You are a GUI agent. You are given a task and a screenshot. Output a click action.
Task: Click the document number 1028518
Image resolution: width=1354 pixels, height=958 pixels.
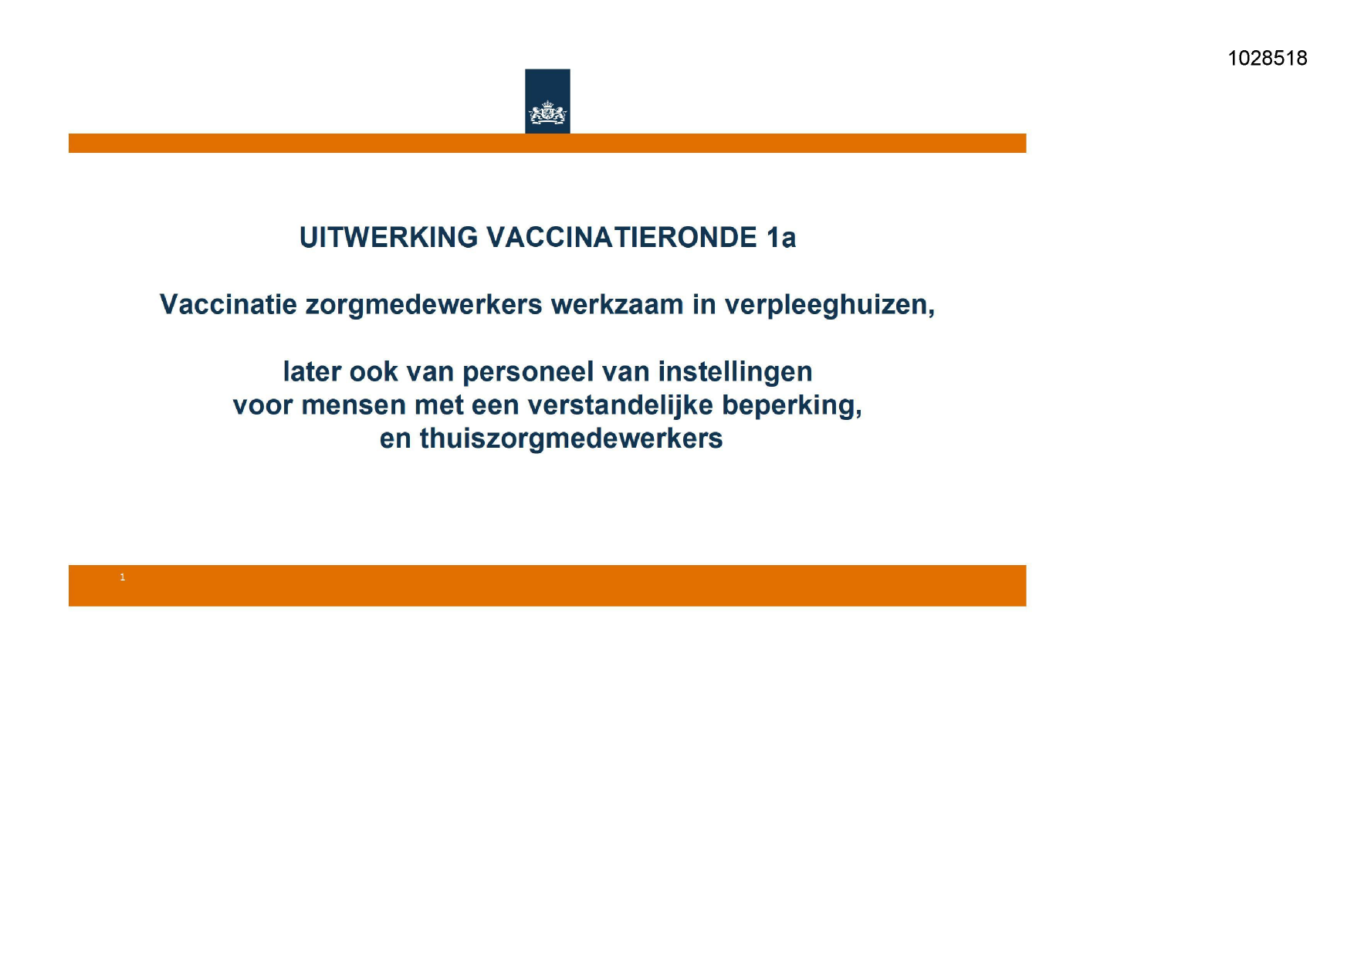(1268, 59)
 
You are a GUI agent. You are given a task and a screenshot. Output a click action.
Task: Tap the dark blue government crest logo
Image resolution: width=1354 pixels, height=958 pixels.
(547, 101)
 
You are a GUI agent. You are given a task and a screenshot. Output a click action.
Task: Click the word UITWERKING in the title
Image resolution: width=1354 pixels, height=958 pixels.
(388, 238)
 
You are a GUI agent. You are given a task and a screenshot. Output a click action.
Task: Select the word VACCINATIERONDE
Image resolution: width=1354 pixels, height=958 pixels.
(622, 238)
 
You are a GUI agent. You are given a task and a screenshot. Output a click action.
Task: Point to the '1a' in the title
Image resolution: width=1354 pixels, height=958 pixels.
(781, 238)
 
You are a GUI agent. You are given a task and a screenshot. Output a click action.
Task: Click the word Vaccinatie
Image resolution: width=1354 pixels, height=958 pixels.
(228, 305)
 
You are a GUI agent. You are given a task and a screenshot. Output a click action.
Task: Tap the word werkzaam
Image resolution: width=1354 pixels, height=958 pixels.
(617, 305)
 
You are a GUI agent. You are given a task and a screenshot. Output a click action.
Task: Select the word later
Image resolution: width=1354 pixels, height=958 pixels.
(312, 372)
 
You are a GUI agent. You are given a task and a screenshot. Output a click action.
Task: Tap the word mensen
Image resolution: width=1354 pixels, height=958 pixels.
(354, 406)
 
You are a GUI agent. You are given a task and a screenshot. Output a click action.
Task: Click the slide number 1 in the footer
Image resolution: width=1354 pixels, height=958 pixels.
(122, 577)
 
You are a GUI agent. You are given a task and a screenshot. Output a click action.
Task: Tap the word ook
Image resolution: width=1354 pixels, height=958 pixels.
(374, 372)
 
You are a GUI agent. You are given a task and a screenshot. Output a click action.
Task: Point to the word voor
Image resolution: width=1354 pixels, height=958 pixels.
(262, 406)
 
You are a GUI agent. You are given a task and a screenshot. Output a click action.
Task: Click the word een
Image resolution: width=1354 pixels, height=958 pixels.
(495, 406)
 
